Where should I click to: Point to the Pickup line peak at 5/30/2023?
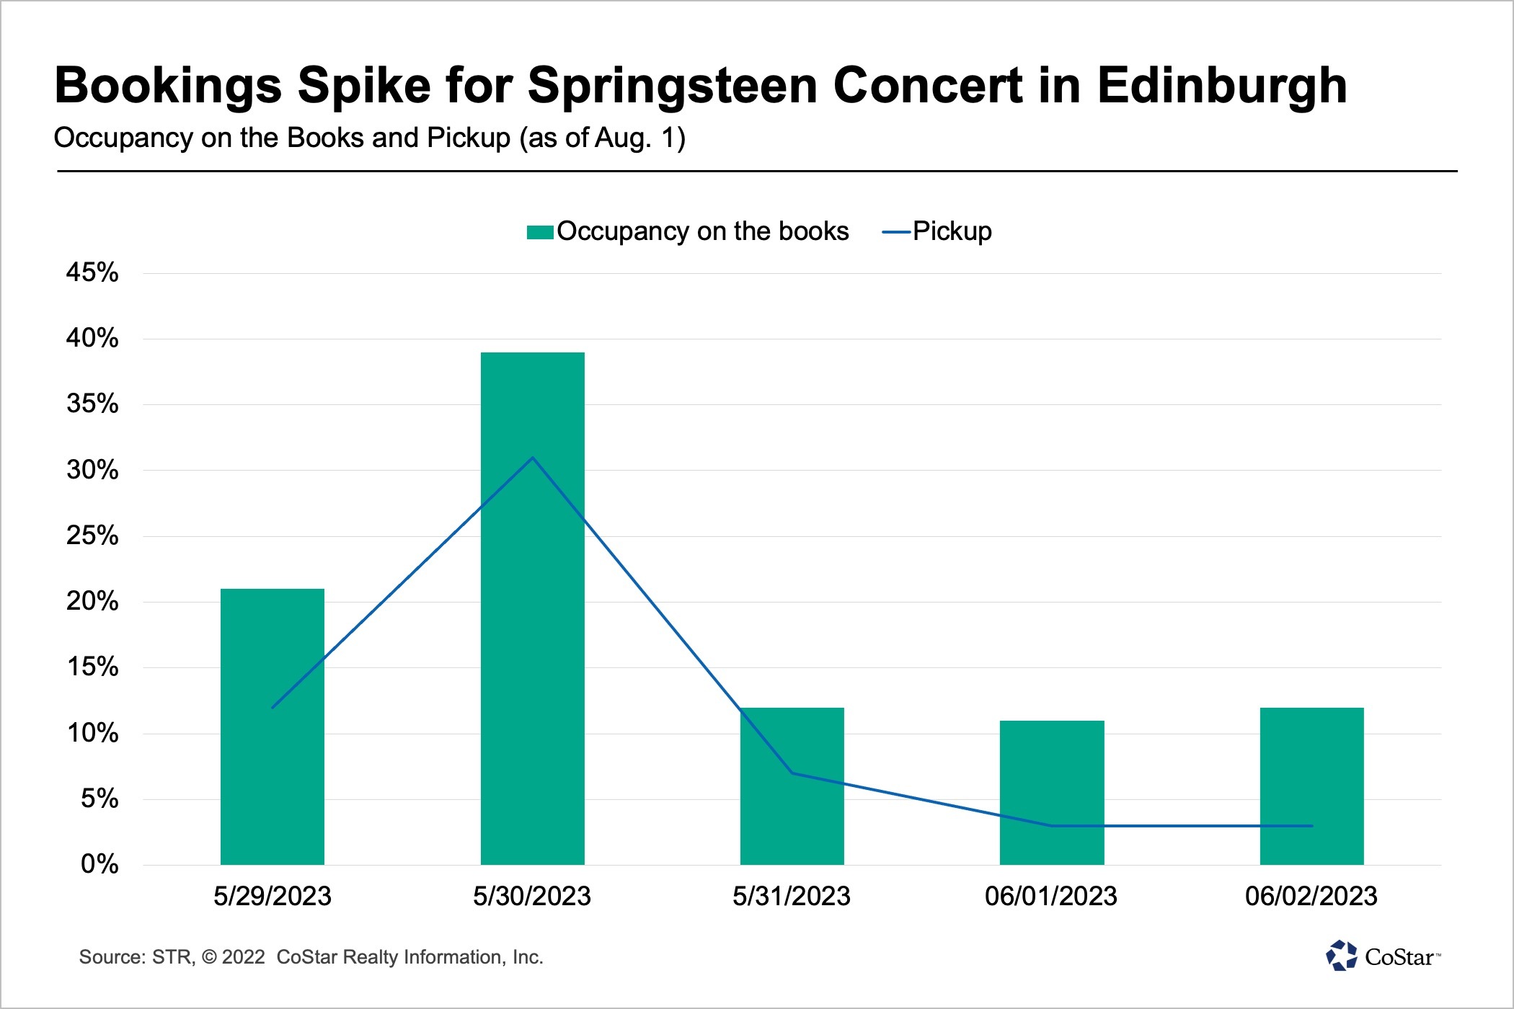tap(532, 458)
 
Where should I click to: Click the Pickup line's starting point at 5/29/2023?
tap(273, 707)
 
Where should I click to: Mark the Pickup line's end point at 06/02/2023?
tap(1311, 826)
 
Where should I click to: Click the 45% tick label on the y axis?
tap(92, 272)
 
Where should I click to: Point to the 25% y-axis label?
tap(92, 535)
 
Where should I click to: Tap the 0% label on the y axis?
tap(99, 863)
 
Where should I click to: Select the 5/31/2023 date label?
tap(792, 896)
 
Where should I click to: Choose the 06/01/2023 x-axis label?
tap(1051, 896)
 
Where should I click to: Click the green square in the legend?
tap(540, 232)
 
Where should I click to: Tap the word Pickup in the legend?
tap(952, 231)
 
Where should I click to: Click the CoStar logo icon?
tap(1341, 956)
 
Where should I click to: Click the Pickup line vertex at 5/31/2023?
tap(792, 773)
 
